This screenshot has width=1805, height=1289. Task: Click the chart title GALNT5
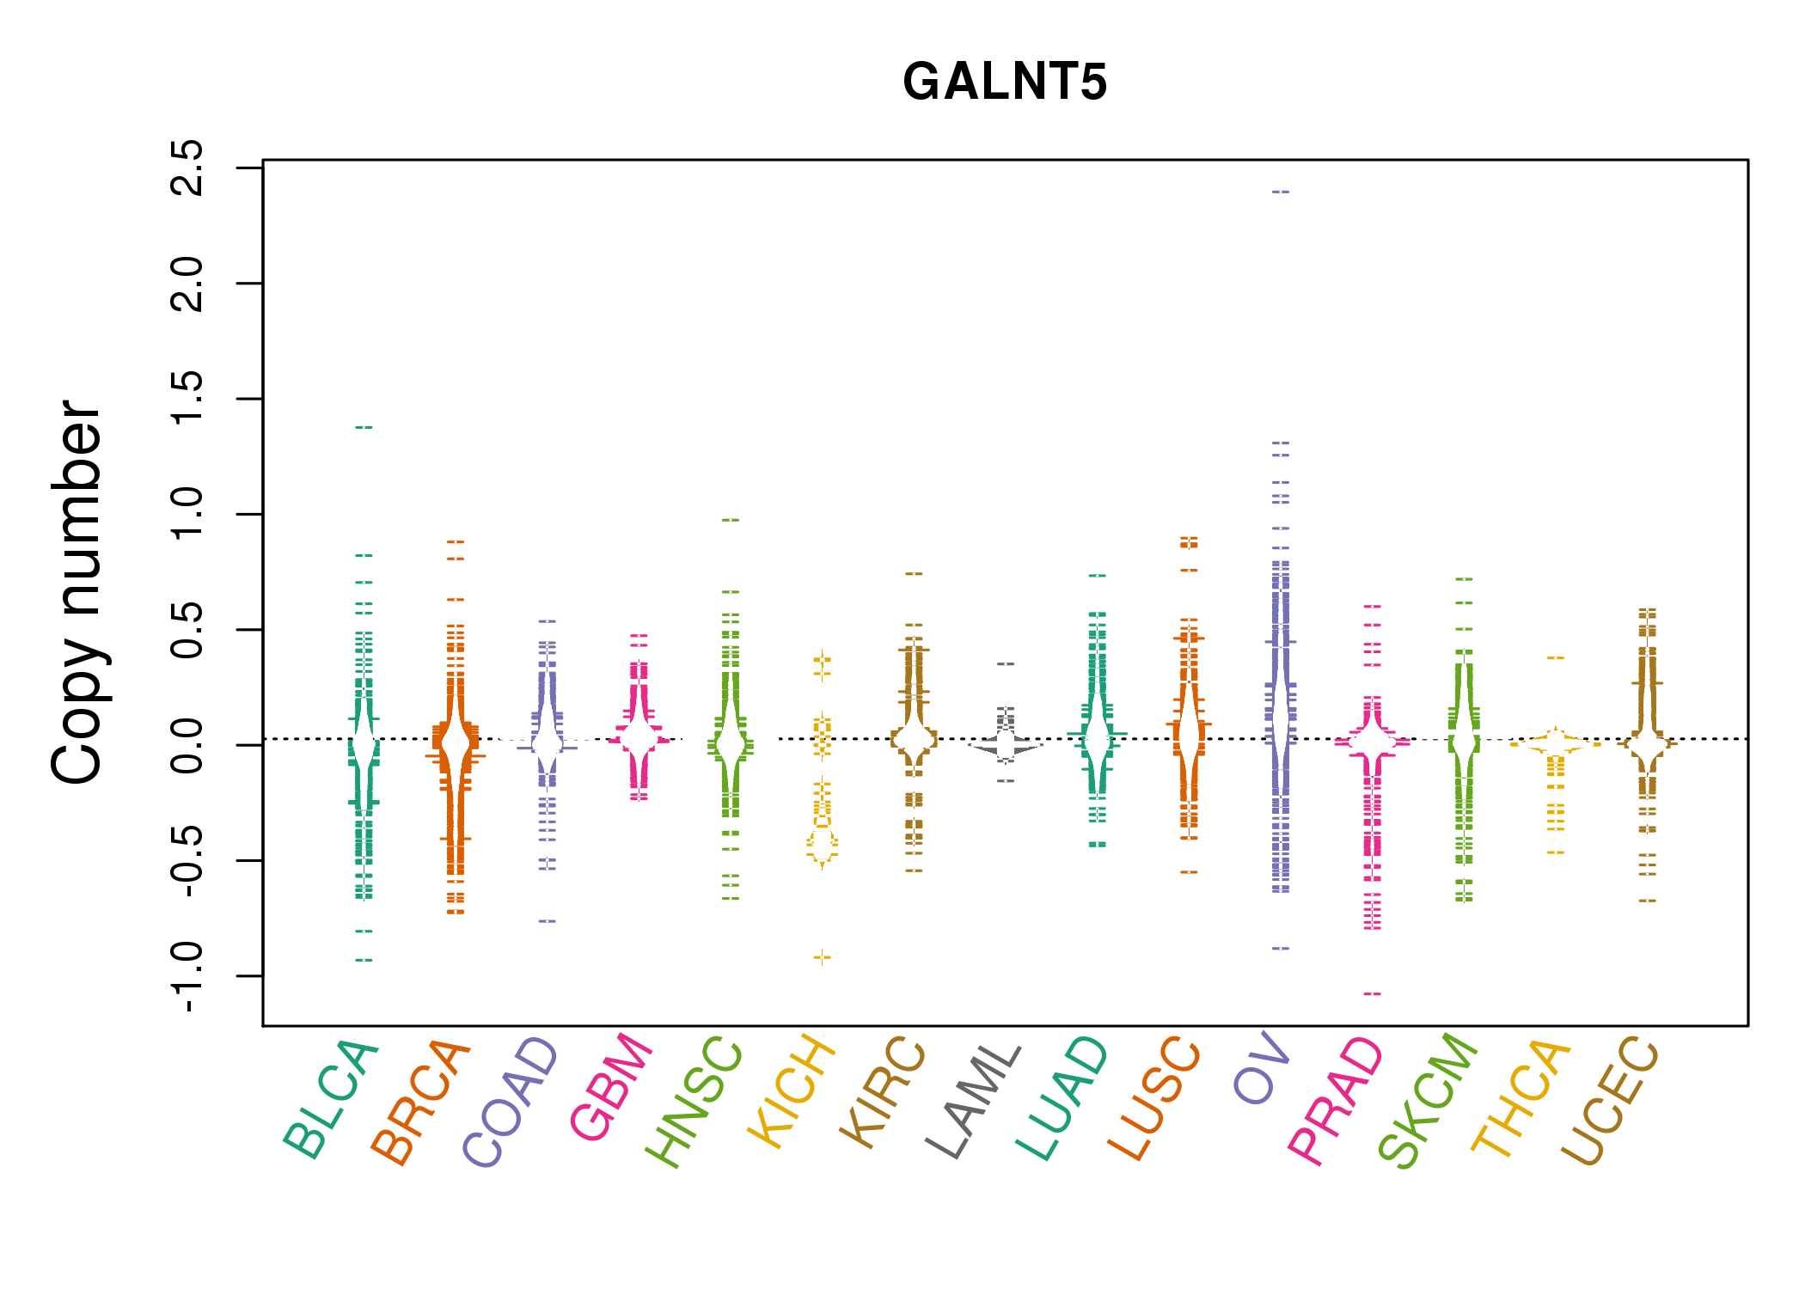coord(1004,82)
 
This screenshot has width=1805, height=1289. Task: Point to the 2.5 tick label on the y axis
coord(187,168)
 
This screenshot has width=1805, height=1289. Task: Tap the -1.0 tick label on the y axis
coord(187,977)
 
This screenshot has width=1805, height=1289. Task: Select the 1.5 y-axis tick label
coord(187,399)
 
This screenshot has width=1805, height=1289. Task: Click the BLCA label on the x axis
coord(332,1099)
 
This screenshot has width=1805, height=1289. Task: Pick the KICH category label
coord(792,1092)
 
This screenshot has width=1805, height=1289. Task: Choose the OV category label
coord(1262,1071)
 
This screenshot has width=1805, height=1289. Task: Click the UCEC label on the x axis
coord(1610,1101)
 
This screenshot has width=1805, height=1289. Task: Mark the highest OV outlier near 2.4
coord(1281,192)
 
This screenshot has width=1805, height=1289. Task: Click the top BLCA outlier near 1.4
coord(364,427)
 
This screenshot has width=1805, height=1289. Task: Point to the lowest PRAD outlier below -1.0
coord(1373,994)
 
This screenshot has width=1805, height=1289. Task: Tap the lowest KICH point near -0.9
coord(823,957)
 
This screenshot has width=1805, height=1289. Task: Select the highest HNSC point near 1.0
coord(731,520)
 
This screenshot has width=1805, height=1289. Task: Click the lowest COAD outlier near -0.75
coord(548,921)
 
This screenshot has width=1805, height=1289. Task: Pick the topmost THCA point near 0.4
coord(1556,657)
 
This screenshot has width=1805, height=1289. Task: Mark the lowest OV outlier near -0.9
coord(1281,949)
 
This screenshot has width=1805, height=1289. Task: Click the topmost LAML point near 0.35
coord(1006,664)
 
